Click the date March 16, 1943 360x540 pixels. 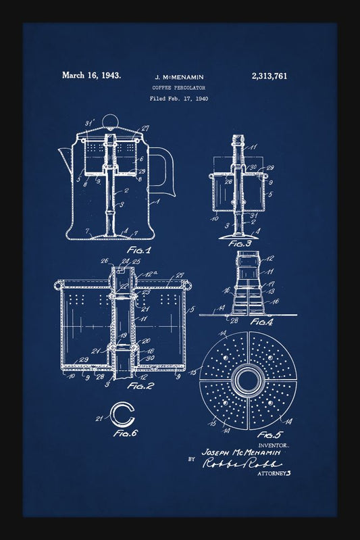91,76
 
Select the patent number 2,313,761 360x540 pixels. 268,76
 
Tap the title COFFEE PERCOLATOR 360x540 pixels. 179,88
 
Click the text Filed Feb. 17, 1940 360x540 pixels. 179,99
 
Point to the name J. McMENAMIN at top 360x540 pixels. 179,77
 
